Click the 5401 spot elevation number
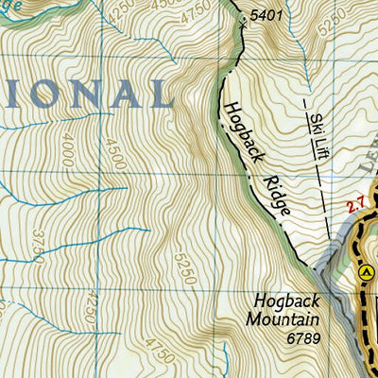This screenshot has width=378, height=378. click(x=267, y=16)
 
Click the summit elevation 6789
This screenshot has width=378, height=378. click(x=305, y=335)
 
